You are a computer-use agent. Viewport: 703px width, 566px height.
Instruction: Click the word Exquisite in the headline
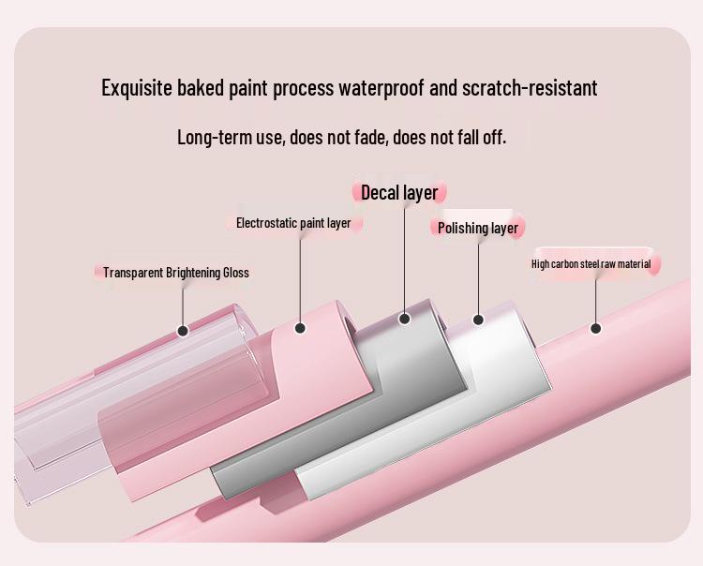coord(137,88)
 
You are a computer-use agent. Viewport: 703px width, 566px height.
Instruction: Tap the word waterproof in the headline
coord(381,88)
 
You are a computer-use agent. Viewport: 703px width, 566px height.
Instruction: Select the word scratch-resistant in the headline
coord(530,88)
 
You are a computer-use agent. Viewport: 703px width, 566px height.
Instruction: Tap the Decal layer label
coord(399,193)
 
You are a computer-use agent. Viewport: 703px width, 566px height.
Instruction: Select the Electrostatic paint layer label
coord(293,223)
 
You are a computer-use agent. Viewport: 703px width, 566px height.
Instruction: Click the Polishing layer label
coord(478,228)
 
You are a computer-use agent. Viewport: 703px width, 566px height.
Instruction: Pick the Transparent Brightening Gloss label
coord(176,273)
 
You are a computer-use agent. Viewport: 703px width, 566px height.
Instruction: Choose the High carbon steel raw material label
coord(591,264)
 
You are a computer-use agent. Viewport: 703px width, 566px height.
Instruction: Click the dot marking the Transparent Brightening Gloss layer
coord(183,331)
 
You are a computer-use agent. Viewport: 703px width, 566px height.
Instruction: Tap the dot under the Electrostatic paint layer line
coord(300,329)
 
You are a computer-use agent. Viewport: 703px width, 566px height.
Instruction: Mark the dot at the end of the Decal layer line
coord(404,319)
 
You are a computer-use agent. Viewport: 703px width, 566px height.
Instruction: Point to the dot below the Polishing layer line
coord(478,320)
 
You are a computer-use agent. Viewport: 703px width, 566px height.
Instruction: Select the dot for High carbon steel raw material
coord(595,329)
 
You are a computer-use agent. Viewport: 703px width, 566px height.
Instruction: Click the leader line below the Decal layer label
coord(404,259)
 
